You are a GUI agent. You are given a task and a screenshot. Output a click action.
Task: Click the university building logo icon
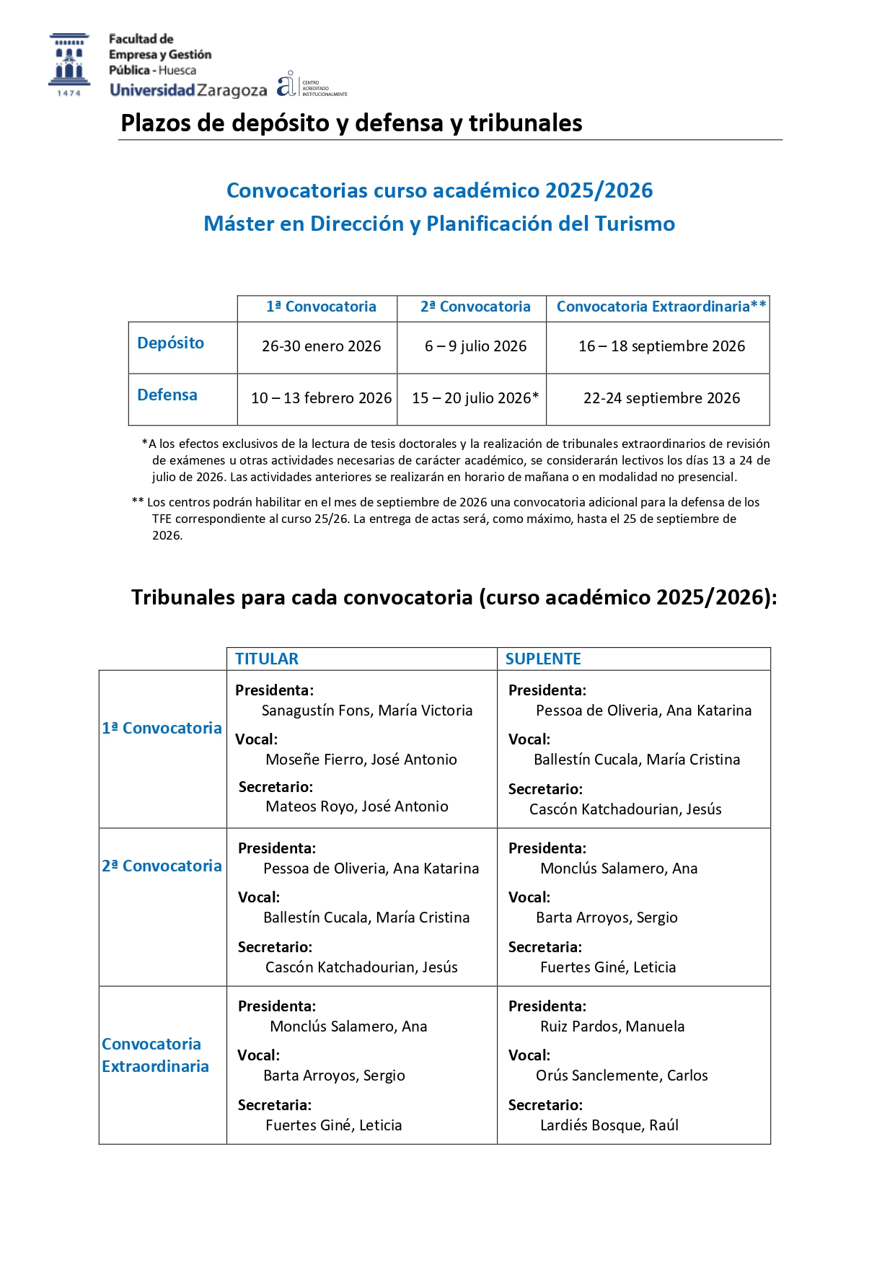(x=69, y=63)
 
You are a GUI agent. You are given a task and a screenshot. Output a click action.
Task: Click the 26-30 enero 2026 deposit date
(x=321, y=346)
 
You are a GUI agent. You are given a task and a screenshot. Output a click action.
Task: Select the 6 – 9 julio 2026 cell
(x=475, y=346)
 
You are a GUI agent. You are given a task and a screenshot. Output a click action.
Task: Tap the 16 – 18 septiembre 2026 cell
(x=661, y=346)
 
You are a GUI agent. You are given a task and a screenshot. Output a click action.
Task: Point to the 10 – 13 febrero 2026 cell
(x=321, y=398)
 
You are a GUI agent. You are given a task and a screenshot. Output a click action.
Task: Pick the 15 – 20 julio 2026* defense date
(x=475, y=398)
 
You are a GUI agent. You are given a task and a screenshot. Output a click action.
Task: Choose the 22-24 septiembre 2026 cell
(x=661, y=398)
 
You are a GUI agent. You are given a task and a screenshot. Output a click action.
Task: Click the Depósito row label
(x=170, y=343)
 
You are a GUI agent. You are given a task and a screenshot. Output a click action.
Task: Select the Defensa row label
(x=167, y=395)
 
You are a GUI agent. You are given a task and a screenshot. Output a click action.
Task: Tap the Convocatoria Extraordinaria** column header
(x=661, y=307)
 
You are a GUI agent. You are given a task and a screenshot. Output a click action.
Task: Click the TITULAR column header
(x=266, y=659)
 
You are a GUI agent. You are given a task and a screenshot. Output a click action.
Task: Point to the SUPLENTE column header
(x=543, y=659)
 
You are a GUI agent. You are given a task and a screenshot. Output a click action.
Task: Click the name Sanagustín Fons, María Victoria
(x=367, y=711)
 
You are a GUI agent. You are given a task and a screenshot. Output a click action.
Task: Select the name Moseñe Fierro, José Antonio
(x=361, y=760)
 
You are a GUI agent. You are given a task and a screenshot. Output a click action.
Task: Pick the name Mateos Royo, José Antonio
(x=357, y=806)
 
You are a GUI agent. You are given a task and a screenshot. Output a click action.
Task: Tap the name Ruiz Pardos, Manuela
(x=612, y=1027)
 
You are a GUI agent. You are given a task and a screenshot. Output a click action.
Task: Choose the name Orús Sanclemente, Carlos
(x=622, y=1076)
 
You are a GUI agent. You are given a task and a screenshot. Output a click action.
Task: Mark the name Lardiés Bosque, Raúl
(x=609, y=1125)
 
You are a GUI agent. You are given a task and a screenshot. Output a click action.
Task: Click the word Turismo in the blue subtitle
(x=634, y=224)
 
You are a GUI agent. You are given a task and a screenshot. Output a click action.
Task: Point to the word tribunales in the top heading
(x=525, y=123)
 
